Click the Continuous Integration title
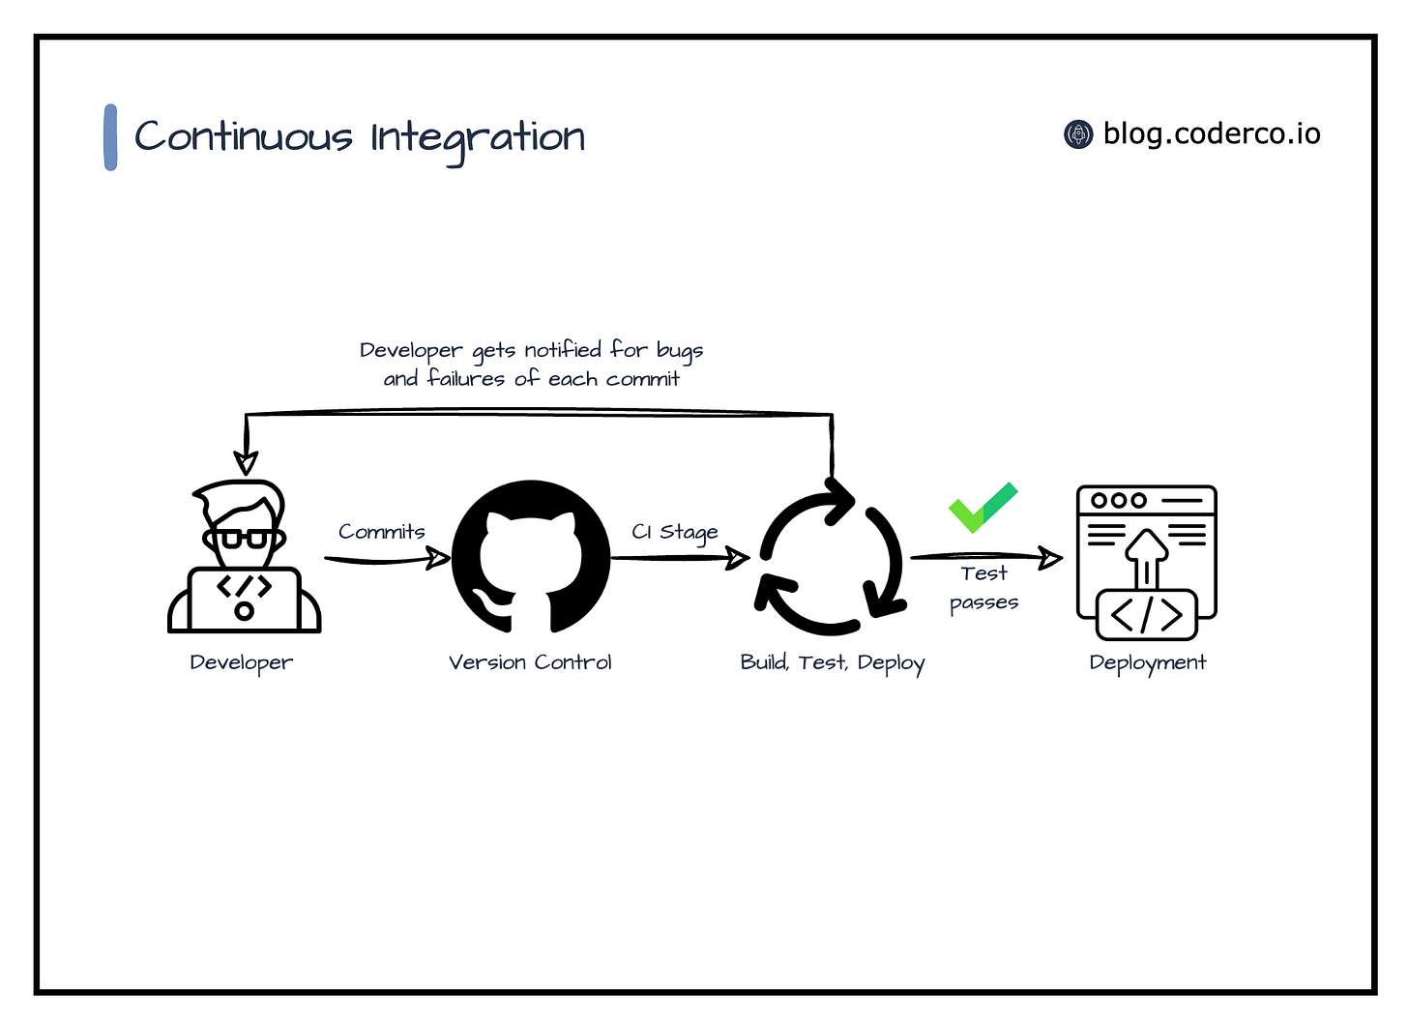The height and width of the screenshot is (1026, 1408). pyautogui.click(x=360, y=137)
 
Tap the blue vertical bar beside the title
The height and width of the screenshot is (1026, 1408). pyautogui.click(x=110, y=137)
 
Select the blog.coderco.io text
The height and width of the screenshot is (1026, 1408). pyautogui.click(x=1212, y=133)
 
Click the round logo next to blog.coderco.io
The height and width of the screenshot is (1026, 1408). pyautogui.click(x=1078, y=134)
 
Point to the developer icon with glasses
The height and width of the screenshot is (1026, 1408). pyautogui.click(x=244, y=558)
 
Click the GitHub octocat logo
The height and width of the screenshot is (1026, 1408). pyautogui.click(x=531, y=558)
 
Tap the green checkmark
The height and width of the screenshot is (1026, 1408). pyautogui.click(x=983, y=506)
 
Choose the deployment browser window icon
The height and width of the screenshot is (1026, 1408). pyautogui.click(x=1146, y=562)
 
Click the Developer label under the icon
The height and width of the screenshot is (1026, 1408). pyautogui.click(x=242, y=662)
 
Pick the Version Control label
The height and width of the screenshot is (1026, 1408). pyautogui.click(x=530, y=662)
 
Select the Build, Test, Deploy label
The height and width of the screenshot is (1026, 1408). pyautogui.click(x=833, y=663)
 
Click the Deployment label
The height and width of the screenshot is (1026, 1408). pyautogui.click(x=1148, y=662)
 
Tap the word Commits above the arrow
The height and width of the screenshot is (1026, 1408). pyautogui.click(x=382, y=532)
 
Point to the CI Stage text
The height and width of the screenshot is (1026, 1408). pyautogui.click(x=675, y=532)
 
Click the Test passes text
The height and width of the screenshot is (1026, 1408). pyautogui.click(x=984, y=588)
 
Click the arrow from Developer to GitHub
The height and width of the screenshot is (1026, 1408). pyautogui.click(x=387, y=559)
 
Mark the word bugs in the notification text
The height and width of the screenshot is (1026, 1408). pyautogui.click(x=680, y=351)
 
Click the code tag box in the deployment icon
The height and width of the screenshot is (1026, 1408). pyautogui.click(x=1147, y=615)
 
